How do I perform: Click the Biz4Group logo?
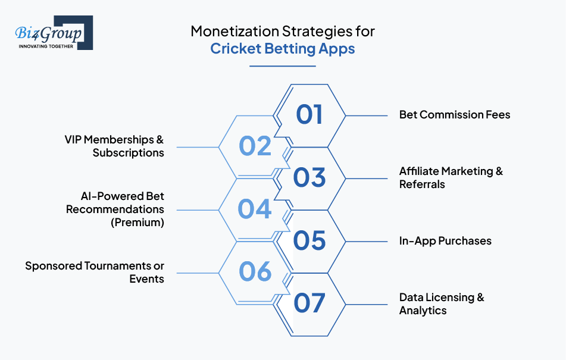coord(54,33)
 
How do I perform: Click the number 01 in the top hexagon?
coord(309,115)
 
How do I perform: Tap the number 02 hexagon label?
coord(255,146)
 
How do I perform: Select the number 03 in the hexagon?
coord(309,177)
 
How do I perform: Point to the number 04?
coord(255,209)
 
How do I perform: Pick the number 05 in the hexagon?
coord(309,240)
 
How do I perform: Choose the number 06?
coord(255,271)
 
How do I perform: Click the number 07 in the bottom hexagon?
coord(309,303)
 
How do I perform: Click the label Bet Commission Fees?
coord(455,115)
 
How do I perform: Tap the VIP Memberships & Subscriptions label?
coord(114,146)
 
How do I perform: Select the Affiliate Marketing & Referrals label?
coord(451,177)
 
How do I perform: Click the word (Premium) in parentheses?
coord(137,222)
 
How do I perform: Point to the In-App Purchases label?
coord(445,241)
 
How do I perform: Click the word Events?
coord(146,279)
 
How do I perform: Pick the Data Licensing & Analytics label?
coord(442,303)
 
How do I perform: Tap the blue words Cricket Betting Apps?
coord(283,49)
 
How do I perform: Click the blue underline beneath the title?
coord(283,66)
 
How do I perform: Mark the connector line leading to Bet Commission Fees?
coord(367,116)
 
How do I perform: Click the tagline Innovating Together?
coord(46,46)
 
